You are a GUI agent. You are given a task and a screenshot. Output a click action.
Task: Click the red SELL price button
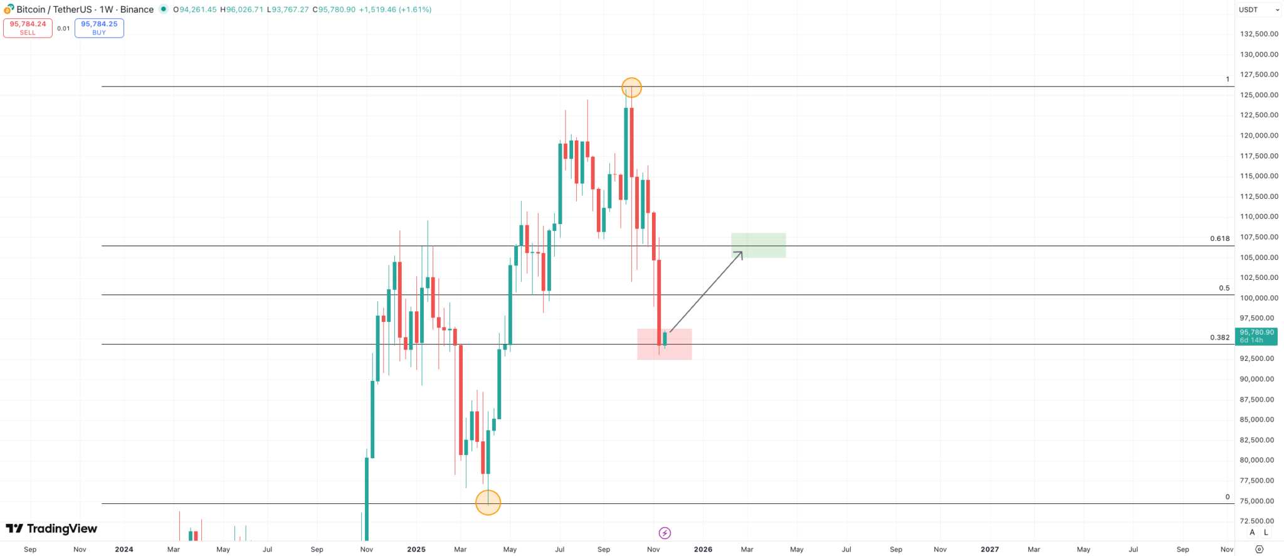pyautogui.click(x=28, y=28)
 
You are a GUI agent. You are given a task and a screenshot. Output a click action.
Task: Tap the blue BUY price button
pyautogui.click(x=99, y=28)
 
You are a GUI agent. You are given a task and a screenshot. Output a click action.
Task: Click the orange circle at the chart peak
pyautogui.click(x=631, y=88)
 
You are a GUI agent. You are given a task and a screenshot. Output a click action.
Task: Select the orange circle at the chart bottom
pyautogui.click(x=488, y=502)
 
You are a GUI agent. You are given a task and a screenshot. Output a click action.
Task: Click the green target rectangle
pyautogui.click(x=758, y=245)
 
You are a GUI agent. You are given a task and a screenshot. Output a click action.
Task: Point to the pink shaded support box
pyautogui.click(x=665, y=344)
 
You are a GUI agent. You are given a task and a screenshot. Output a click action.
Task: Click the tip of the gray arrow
pyautogui.click(x=742, y=252)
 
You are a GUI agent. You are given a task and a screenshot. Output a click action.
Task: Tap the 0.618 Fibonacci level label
pyautogui.click(x=1219, y=238)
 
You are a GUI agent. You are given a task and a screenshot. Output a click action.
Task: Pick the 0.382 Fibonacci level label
pyautogui.click(x=1219, y=338)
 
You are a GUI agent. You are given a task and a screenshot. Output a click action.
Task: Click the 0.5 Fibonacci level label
pyautogui.click(x=1224, y=288)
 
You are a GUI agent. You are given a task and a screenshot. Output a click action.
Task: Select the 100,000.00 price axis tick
pyautogui.click(x=1259, y=298)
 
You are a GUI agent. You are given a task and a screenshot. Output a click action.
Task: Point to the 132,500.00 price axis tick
pyautogui.click(x=1259, y=34)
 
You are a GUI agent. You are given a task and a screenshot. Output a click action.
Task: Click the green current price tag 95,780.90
pyautogui.click(x=1256, y=336)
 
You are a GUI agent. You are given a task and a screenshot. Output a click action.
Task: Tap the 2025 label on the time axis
pyautogui.click(x=416, y=549)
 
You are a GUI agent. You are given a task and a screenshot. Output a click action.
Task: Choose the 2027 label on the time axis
pyautogui.click(x=989, y=549)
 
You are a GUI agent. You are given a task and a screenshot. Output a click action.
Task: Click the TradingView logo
pyautogui.click(x=51, y=529)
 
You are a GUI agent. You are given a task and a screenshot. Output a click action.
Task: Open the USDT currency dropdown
pyautogui.click(x=1259, y=9)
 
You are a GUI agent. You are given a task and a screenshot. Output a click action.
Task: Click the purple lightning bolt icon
pyautogui.click(x=665, y=533)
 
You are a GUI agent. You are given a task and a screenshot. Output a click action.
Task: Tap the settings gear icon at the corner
pyautogui.click(x=1259, y=549)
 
